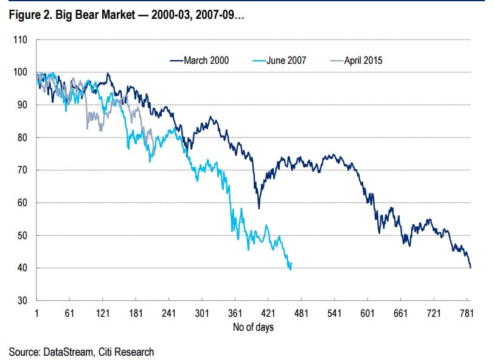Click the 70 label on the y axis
pyautogui.click(x=22, y=170)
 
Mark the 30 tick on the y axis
pyautogui.click(x=22, y=300)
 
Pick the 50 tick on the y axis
pyautogui.click(x=22, y=235)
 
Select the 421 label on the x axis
pyautogui.click(x=268, y=313)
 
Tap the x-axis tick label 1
pyautogui.click(x=37, y=313)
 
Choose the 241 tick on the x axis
pyautogui.click(x=169, y=313)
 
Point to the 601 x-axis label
pyautogui.click(x=367, y=313)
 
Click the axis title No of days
pyautogui.click(x=253, y=327)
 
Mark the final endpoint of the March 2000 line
pyautogui.click(x=470, y=267)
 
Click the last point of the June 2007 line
pyautogui.click(x=291, y=263)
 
